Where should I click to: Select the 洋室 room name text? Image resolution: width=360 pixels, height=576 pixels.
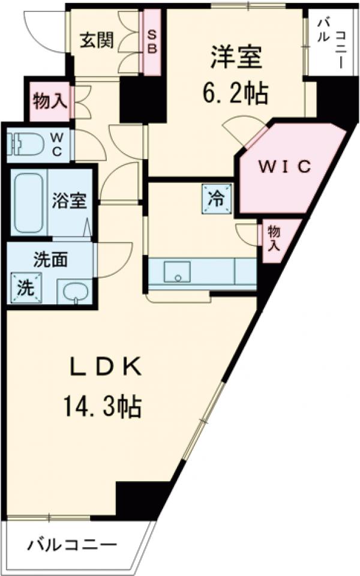click(236, 58)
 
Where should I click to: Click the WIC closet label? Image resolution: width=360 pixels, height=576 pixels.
click(285, 167)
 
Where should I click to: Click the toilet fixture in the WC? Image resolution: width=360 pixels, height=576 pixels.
click(27, 144)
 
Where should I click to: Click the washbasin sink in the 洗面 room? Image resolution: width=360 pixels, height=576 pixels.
click(75, 293)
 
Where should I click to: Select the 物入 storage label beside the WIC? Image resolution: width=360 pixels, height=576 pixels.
click(274, 239)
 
